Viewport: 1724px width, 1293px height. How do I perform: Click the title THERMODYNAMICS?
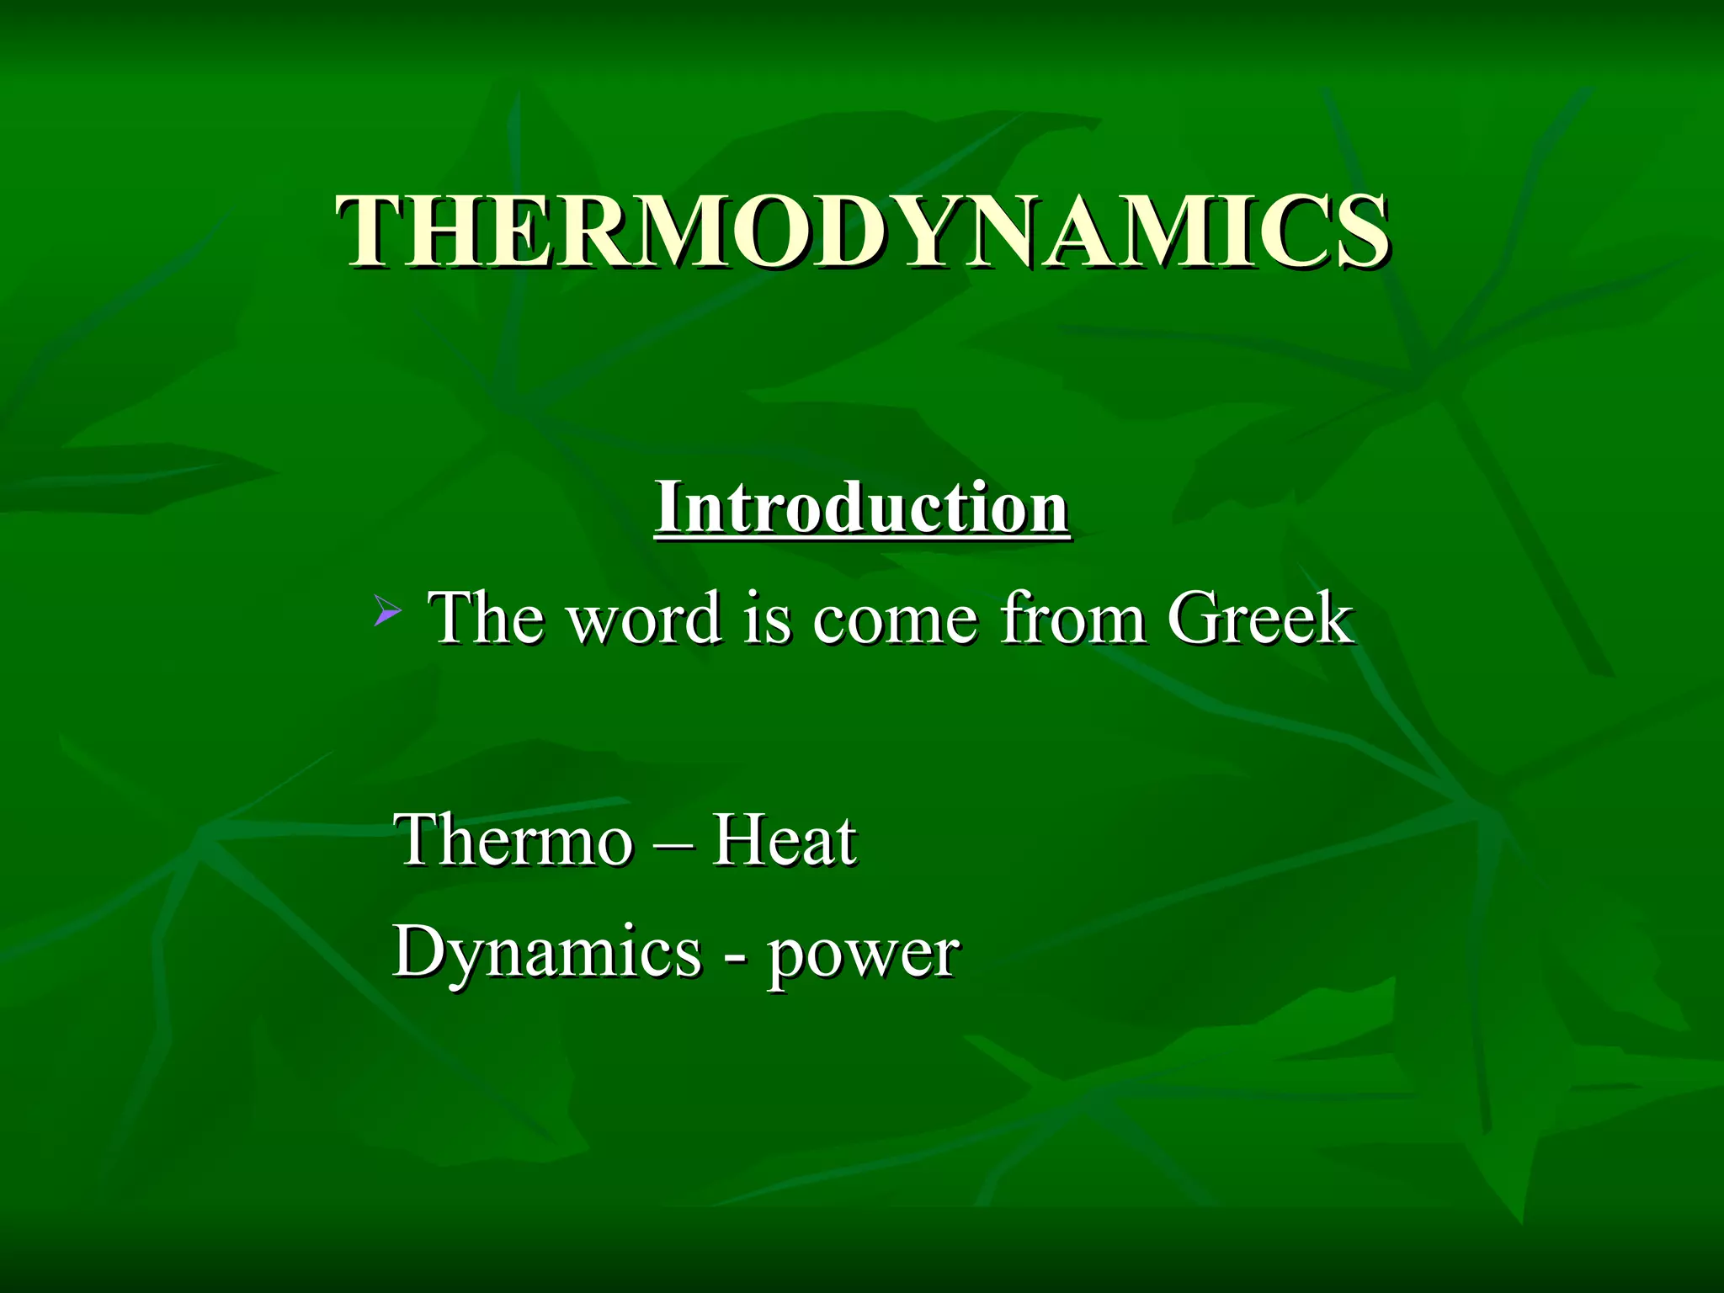point(862,231)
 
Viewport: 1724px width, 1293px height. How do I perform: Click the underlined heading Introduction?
point(862,508)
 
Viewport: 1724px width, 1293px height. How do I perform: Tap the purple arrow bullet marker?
point(386,611)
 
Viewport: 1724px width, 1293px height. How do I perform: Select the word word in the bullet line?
point(645,620)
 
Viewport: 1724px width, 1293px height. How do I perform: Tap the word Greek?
point(1259,618)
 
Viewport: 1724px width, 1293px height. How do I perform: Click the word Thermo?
point(513,839)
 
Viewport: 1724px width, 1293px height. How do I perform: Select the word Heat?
point(784,839)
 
